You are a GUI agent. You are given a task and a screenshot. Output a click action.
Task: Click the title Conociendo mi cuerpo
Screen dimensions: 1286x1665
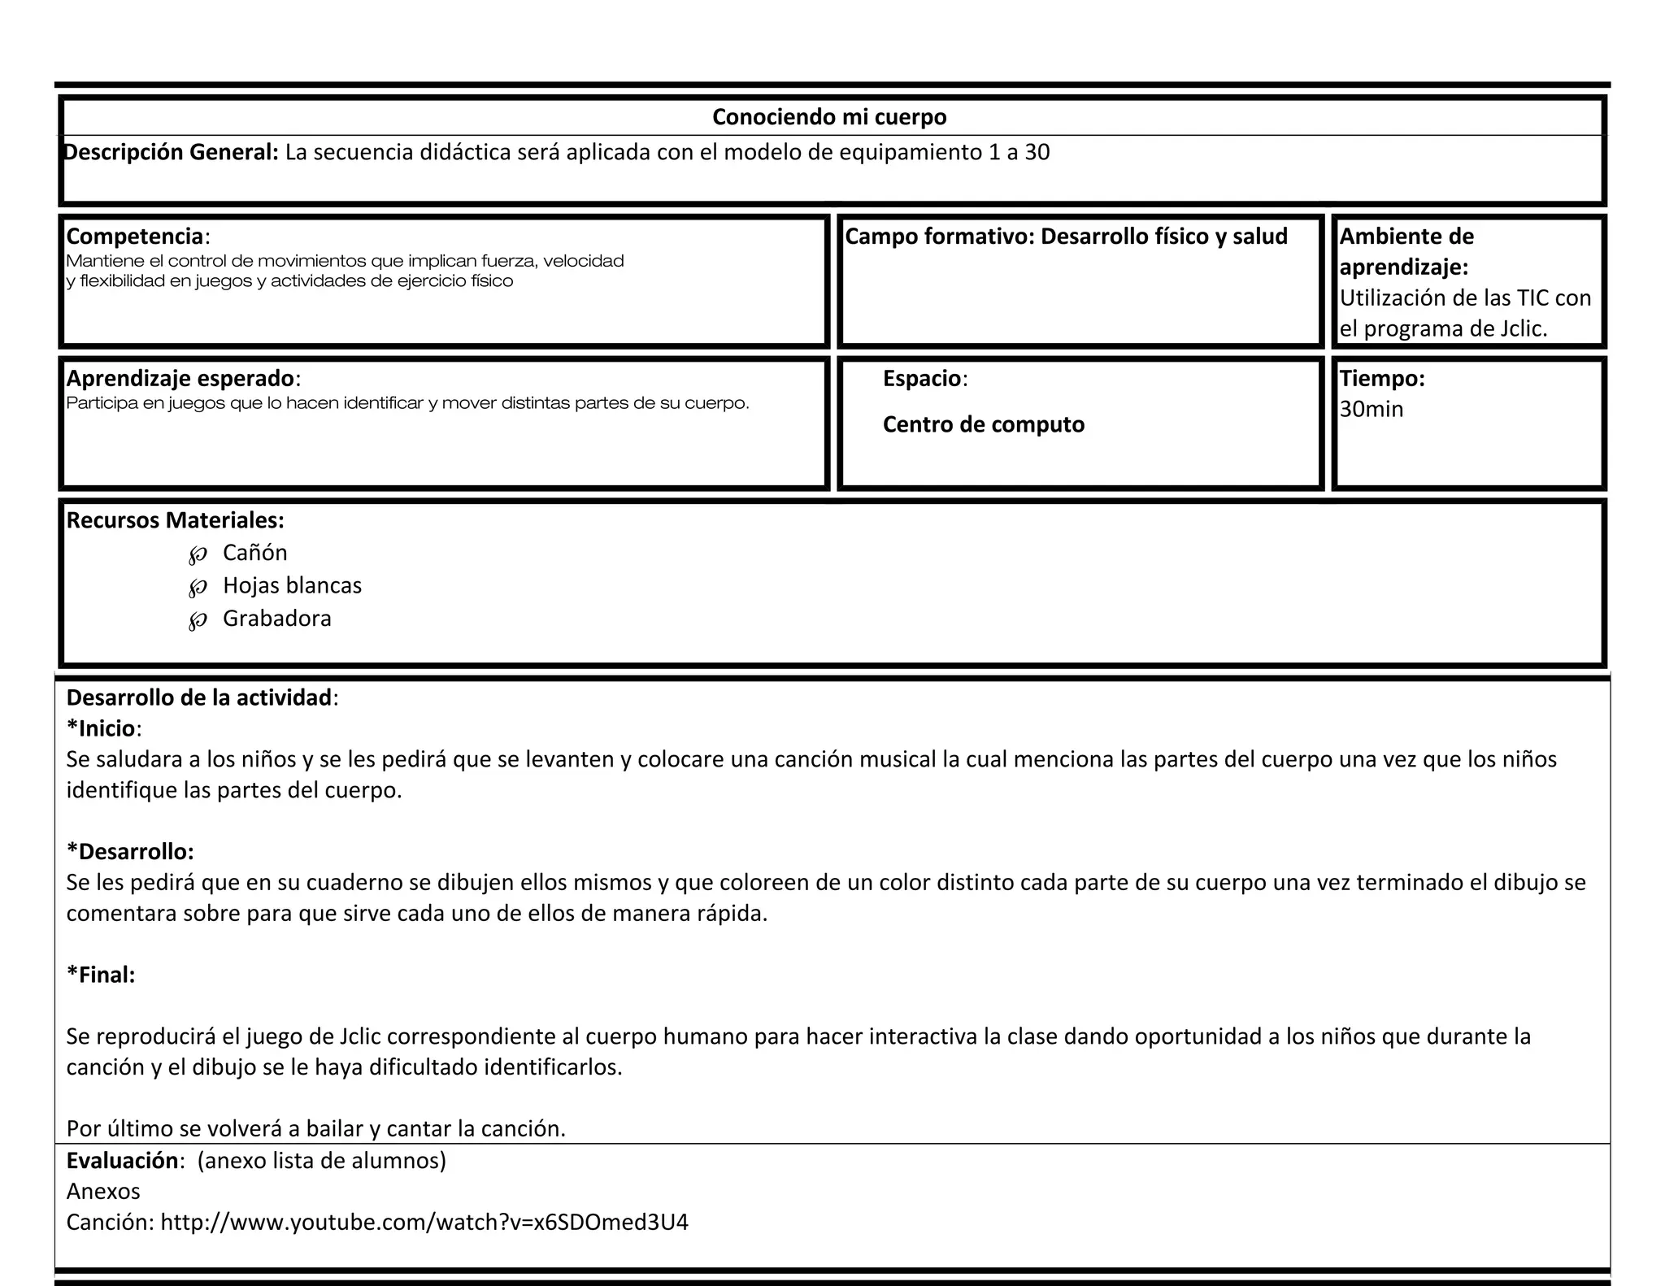pyautogui.click(x=829, y=117)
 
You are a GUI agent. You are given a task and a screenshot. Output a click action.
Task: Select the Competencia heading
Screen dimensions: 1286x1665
pyautogui.click(x=135, y=237)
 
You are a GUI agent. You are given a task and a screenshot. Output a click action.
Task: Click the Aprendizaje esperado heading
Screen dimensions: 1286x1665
pyautogui.click(x=180, y=378)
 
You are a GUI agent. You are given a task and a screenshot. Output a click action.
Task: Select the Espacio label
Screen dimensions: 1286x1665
pyautogui.click(x=923, y=378)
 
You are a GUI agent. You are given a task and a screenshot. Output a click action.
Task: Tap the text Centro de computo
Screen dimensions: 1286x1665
pyautogui.click(x=984, y=424)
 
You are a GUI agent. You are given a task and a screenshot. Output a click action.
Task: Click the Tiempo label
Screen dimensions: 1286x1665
pyautogui.click(x=1382, y=378)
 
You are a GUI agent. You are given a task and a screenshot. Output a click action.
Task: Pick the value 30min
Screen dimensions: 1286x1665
pyautogui.click(x=1372, y=409)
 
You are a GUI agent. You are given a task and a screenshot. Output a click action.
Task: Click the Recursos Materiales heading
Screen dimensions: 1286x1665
pyautogui.click(x=175, y=520)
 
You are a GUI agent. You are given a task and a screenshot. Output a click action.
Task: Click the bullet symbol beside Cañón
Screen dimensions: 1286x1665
pyautogui.click(x=198, y=555)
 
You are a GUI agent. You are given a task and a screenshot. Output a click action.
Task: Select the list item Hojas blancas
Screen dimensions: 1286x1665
pyautogui.click(x=292, y=585)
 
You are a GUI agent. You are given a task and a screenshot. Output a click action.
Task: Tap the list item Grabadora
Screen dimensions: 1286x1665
pyautogui.click(x=277, y=619)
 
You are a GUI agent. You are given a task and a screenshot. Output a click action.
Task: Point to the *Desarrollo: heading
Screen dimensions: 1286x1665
pyautogui.click(x=130, y=851)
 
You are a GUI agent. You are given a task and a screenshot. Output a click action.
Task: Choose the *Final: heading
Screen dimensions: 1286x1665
pyautogui.click(x=101, y=975)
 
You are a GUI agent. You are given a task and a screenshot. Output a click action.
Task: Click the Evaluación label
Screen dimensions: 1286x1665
pyautogui.click(x=122, y=1160)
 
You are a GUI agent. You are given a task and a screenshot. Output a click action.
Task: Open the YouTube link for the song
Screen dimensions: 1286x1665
pyautogui.click(x=424, y=1222)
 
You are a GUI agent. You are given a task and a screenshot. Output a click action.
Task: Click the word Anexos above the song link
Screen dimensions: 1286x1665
pyautogui.click(x=103, y=1191)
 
